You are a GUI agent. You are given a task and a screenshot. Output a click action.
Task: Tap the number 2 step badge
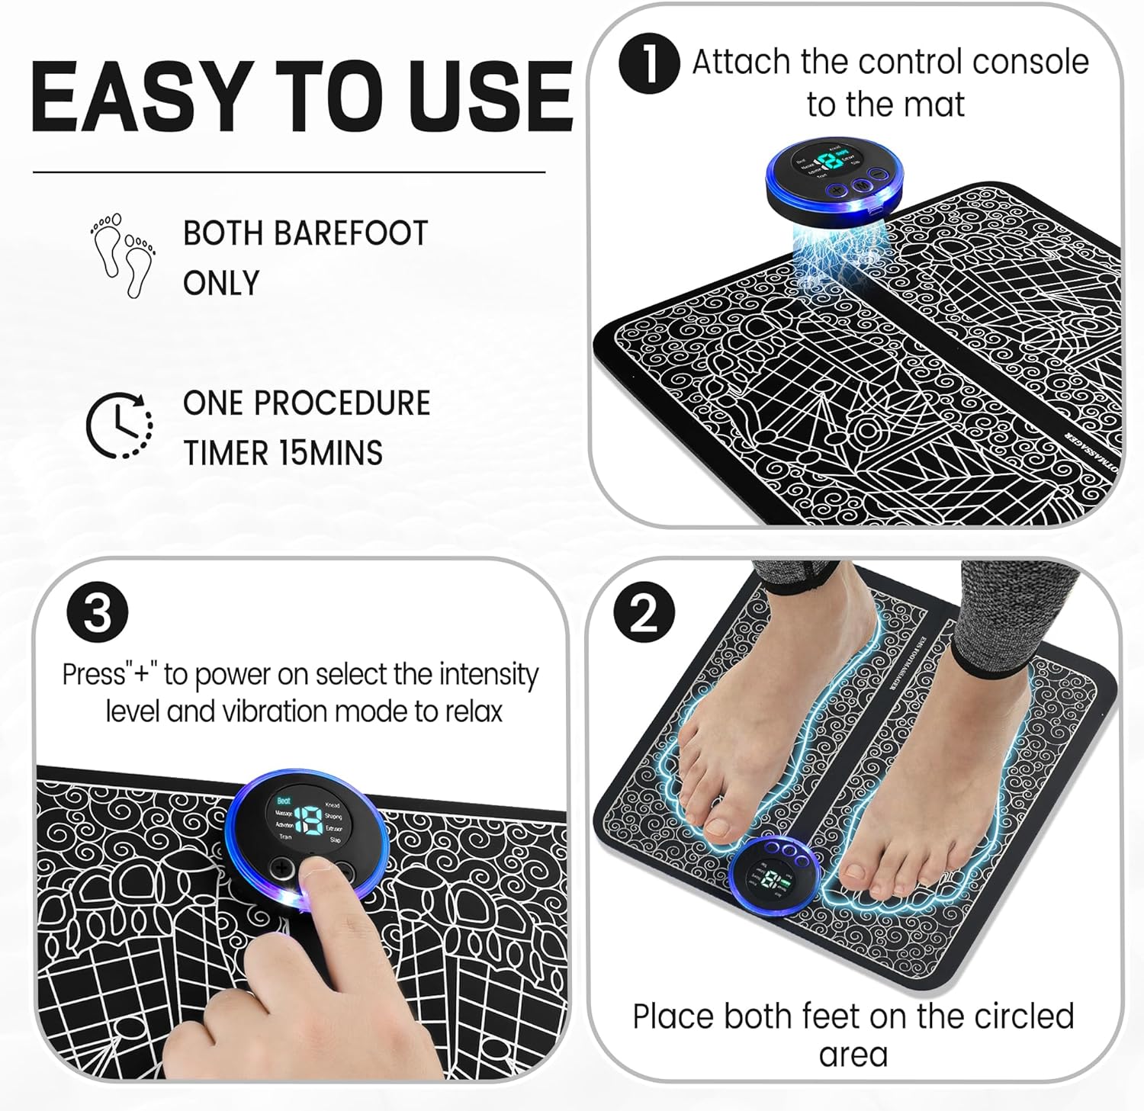(x=644, y=612)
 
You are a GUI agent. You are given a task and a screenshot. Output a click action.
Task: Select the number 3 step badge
(x=97, y=612)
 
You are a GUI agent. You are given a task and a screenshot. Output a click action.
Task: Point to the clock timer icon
(x=119, y=425)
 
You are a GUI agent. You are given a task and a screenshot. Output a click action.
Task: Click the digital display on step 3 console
(x=309, y=820)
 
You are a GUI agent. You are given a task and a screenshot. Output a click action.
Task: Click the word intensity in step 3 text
(x=489, y=674)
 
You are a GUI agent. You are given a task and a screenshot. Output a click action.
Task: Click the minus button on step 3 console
(x=345, y=870)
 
